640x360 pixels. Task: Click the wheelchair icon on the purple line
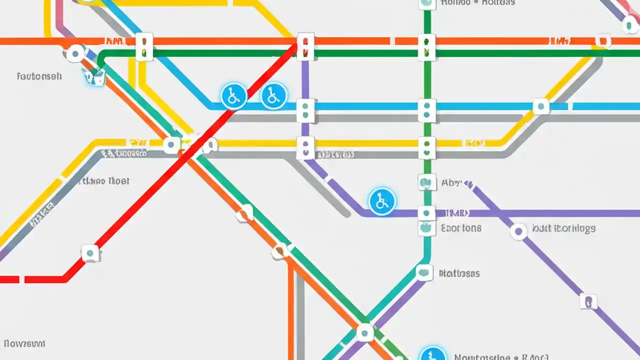pos(382,201)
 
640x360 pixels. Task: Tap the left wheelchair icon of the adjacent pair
pos(233,95)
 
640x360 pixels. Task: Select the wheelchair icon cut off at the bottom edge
pos(432,354)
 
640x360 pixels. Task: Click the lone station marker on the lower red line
pos(90,253)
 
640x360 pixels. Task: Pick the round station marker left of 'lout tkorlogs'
pos(518,231)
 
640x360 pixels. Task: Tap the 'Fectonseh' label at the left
pos(39,76)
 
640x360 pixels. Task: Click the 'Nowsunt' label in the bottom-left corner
pos(24,343)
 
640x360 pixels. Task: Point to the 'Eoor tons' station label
pos(461,228)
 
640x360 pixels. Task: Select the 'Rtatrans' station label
pos(459,273)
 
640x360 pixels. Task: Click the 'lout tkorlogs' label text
pos(563,228)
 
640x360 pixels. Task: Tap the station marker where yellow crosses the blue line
pos(540,106)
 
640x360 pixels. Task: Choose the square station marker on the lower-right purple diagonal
pos(588,301)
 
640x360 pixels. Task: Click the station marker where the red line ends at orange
pos(305,46)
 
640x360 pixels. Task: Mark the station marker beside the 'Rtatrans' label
pos(424,272)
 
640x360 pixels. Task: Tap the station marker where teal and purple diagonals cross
pos(364,332)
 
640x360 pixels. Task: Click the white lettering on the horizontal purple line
pos(456,213)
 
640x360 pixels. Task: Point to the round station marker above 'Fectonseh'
pos(75,53)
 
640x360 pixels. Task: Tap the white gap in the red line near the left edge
pos(21,279)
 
